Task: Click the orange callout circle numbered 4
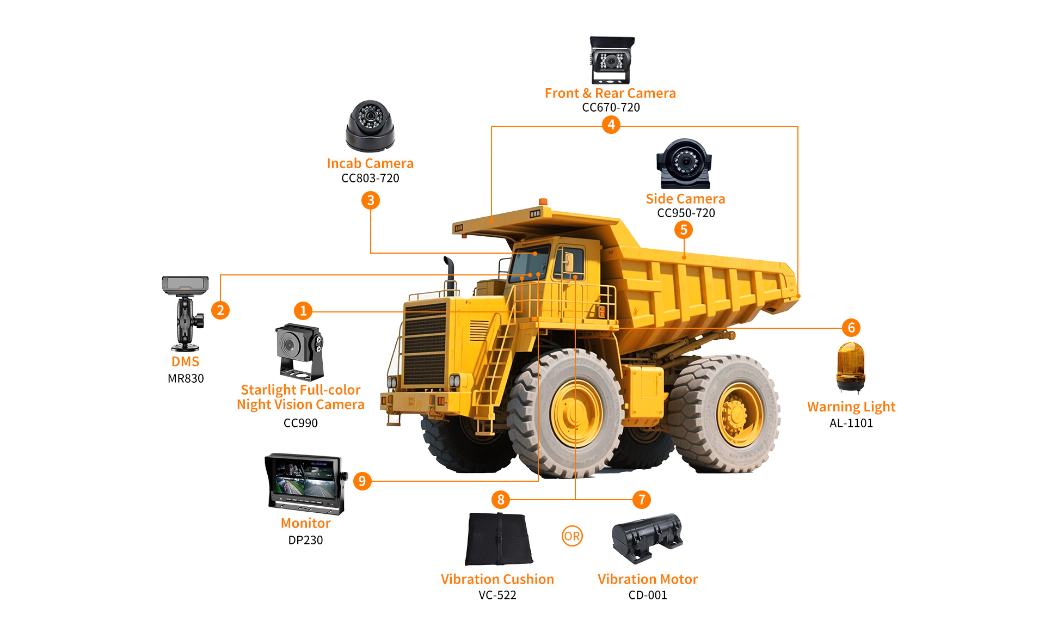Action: [611, 125]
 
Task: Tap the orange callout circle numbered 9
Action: [362, 481]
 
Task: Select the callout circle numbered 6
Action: [851, 328]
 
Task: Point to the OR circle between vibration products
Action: [572, 536]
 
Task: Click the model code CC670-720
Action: [611, 107]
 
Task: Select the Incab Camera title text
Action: [370, 163]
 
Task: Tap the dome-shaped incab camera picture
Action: [370, 126]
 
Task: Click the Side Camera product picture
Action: [684, 163]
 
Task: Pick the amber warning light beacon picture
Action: [851, 367]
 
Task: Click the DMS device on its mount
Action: [186, 313]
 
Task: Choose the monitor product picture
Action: [306, 483]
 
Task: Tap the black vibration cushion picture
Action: [499, 538]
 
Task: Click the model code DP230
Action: [306, 540]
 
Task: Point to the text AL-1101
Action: [851, 423]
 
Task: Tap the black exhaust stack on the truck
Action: [450, 275]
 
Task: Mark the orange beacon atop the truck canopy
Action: [543, 202]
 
